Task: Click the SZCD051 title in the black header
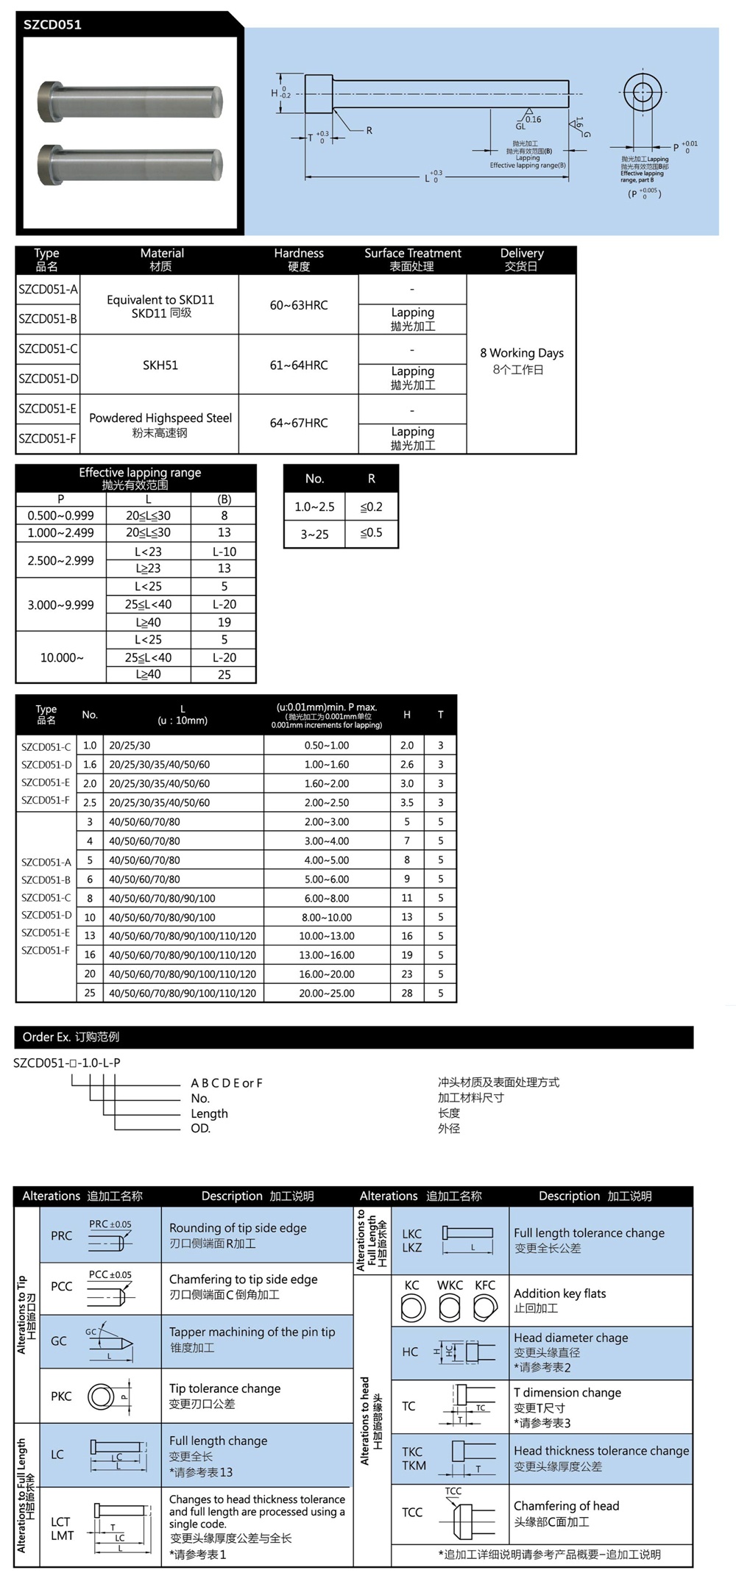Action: [52, 24]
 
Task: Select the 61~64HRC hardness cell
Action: [298, 365]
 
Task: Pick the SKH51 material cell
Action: [160, 365]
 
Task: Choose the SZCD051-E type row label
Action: [48, 409]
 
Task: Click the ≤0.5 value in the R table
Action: [371, 533]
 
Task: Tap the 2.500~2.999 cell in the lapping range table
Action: [61, 560]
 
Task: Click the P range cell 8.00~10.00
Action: [327, 918]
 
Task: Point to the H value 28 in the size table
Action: [407, 993]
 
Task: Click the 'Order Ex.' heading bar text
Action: [71, 1037]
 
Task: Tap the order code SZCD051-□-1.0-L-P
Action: [67, 1063]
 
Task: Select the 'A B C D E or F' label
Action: [227, 1083]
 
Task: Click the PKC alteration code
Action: [61, 1396]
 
